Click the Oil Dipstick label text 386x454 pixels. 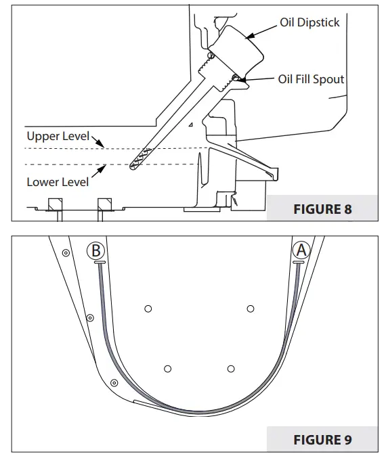coord(309,23)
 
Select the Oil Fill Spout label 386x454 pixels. coord(311,79)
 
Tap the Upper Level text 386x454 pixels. coord(58,135)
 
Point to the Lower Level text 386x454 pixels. coord(58,182)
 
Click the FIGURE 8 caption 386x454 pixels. coord(322,209)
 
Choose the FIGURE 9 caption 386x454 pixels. coord(322,440)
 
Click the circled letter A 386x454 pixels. coord(301,250)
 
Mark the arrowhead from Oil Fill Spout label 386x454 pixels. coord(237,80)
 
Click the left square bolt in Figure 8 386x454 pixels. coord(54,204)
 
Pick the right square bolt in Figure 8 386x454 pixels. coord(105,204)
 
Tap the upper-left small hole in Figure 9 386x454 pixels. coord(148,309)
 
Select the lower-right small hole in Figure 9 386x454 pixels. coord(231,369)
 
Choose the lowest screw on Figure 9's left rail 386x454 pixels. coord(114,382)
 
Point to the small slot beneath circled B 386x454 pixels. coord(99,262)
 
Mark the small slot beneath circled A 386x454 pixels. coord(299,262)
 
